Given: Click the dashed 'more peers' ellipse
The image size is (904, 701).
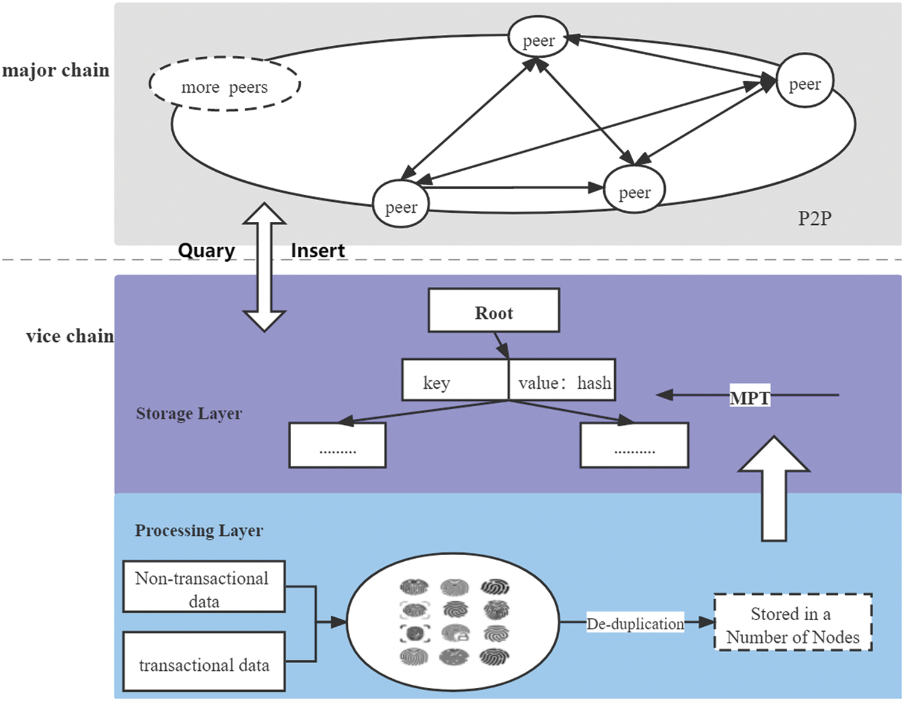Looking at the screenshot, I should point(224,85).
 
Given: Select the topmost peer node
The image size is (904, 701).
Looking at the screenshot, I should point(538,38).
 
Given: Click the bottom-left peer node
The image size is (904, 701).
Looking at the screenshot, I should point(401,205).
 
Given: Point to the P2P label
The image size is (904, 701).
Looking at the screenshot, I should point(814,218).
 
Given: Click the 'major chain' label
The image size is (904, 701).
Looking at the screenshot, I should point(55,71).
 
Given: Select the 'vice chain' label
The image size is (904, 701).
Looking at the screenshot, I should point(69,336).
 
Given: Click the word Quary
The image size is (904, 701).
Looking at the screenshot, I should point(206,250).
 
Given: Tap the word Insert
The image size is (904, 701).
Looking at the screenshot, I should point(318,250).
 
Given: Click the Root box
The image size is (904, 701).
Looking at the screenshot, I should point(494,311).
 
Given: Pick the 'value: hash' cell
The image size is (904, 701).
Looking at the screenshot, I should point(562,381).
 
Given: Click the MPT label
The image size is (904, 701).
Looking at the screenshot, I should point(750,397).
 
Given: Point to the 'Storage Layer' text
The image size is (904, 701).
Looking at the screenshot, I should point(189,413).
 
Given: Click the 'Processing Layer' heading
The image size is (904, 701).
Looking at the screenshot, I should point(199,530).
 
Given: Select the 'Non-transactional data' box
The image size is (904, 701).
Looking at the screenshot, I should point(204,587).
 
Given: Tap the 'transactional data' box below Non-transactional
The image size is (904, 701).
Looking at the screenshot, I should point(204,662).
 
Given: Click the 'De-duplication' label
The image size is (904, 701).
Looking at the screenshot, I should point(635,623).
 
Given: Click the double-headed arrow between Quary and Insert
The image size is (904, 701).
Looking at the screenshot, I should point(265,268).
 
